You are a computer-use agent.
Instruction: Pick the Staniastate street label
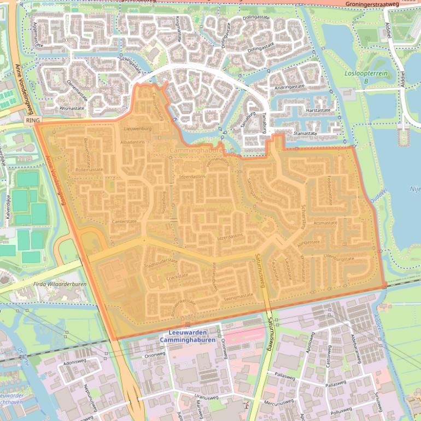click(x=305, y=133)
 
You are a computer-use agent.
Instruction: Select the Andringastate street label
click(x=289, y=87)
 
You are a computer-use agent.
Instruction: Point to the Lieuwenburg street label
click(x=137, y=128)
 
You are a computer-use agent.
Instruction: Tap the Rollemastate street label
click(x=89, y=169)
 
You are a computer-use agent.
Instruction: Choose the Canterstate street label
click(x=124, y=221)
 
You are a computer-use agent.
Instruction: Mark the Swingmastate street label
click(x=238, y=295)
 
